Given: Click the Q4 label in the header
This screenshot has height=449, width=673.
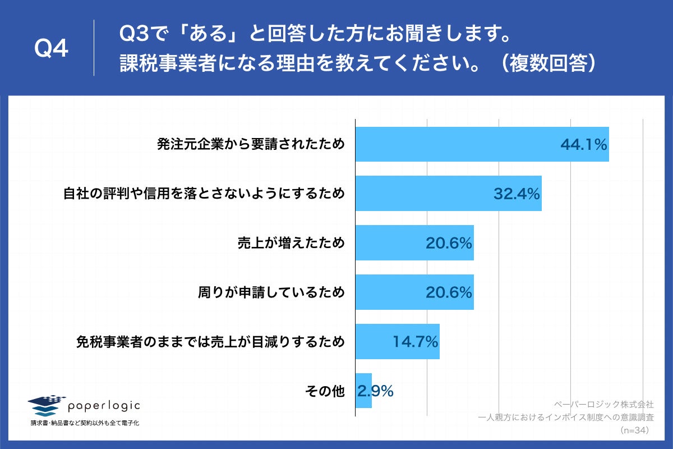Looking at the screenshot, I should pos(51,50).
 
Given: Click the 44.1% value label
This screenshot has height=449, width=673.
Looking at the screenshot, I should pos(584,145).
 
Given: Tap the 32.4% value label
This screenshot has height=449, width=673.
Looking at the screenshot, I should pos(517,194).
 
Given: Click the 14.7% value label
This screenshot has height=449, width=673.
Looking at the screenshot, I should pos(414,342).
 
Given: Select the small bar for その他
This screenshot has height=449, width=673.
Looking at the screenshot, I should pos(363,391).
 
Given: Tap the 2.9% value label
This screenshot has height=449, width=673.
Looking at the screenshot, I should pos(376,391).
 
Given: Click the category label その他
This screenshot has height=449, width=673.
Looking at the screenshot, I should pos(325,391).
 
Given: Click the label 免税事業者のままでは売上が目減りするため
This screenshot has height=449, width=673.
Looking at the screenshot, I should pos(210,342).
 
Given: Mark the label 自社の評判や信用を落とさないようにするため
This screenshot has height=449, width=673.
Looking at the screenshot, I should pos(203,194).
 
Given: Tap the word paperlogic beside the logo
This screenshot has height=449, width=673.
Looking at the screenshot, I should pos(104,405).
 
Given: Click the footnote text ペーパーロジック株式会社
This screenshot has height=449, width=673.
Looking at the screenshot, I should pos(603,404).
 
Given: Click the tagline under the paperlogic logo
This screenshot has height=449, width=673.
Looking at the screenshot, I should pos(85,423).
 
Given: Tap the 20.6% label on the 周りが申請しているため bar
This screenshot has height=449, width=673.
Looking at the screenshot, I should pos(449,292).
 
